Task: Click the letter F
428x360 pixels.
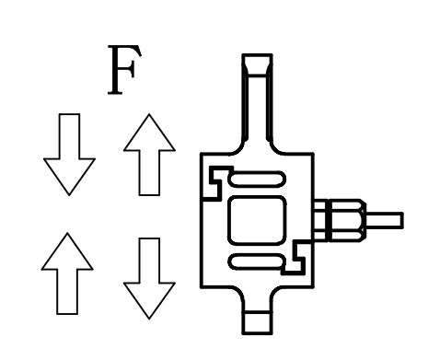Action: point(124,70)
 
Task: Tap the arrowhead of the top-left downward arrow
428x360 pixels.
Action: point(69,177)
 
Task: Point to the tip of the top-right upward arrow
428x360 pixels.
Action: point(149,114)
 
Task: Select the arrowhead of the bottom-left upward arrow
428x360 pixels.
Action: point(67,251)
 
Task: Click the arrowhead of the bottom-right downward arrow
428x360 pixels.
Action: point(149,300)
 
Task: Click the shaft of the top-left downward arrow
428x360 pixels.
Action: point(69,136)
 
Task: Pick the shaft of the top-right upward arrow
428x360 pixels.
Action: point(149,172)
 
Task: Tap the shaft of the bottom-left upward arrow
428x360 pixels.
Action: point(67,292)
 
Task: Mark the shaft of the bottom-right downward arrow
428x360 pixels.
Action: point(149,261)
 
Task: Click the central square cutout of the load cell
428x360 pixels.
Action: point(257,221)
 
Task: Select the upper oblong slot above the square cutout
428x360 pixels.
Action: point(257,180)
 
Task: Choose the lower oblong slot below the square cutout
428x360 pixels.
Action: point(256,262)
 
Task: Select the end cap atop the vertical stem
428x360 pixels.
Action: point(257,64)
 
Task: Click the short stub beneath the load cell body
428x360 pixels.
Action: point(257,322)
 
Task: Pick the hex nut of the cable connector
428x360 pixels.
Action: point(347,220)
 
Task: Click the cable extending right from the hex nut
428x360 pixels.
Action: point(385,220)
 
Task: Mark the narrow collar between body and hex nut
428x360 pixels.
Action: point(321,220)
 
